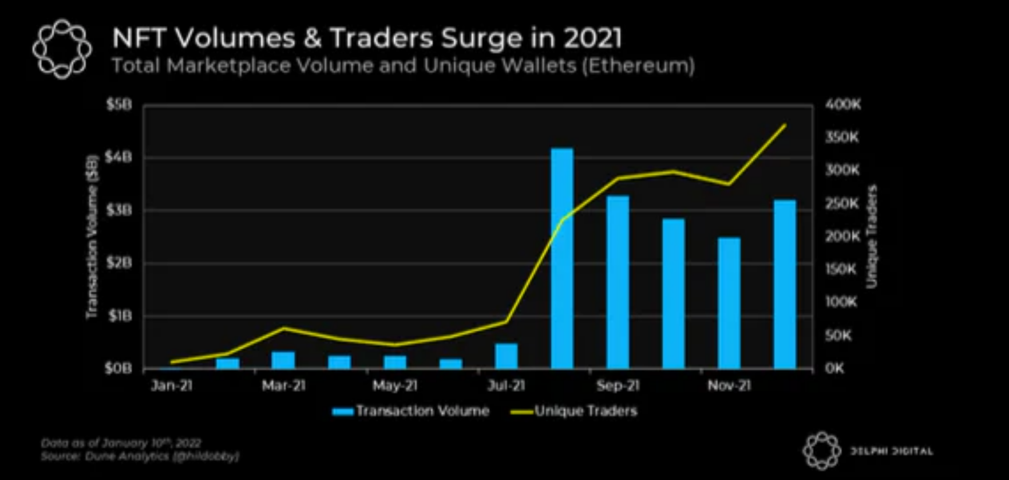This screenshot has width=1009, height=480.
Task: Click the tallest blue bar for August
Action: coord(562,258)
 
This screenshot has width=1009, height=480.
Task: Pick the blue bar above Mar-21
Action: coord(283,360)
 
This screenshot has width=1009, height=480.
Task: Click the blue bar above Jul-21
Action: coord(506,356)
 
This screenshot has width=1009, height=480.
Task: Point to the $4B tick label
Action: coord(119,158)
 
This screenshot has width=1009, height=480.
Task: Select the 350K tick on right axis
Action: coord(842,137)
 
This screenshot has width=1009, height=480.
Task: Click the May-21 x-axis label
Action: coord(394,386)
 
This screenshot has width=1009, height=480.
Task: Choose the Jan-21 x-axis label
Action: coord(171,386)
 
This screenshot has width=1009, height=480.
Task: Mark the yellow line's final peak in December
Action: coord(785,124)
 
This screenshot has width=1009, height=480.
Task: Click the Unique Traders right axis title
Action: coord(872,236)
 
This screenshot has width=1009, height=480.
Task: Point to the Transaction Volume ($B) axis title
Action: coord(92,236)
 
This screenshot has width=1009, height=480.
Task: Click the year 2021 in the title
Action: coord(592,38)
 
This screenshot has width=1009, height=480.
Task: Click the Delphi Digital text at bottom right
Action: coord(891,451)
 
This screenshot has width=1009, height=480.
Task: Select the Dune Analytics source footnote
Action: coord(140,457)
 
